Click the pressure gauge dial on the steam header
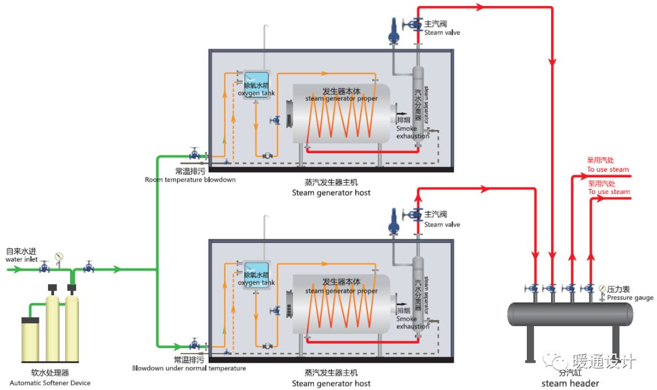coord(602,288)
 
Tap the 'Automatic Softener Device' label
coord(50,383)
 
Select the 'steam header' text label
coord(571,383)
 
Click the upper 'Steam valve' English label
coord(442,33)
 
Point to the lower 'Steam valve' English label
coord(442,225)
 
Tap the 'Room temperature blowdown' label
coord(190,180)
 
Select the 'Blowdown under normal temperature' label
coord(189,368)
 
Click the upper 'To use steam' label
coord(608,169)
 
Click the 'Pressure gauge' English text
coord(630,298)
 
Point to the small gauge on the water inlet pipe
coord(58,256)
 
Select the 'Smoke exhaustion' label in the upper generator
coord(413,132)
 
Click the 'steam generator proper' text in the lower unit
coord(341,291)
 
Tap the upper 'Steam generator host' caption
coord(331,193)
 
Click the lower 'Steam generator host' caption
coord(331,383)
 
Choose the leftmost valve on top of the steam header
coord(532,288)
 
